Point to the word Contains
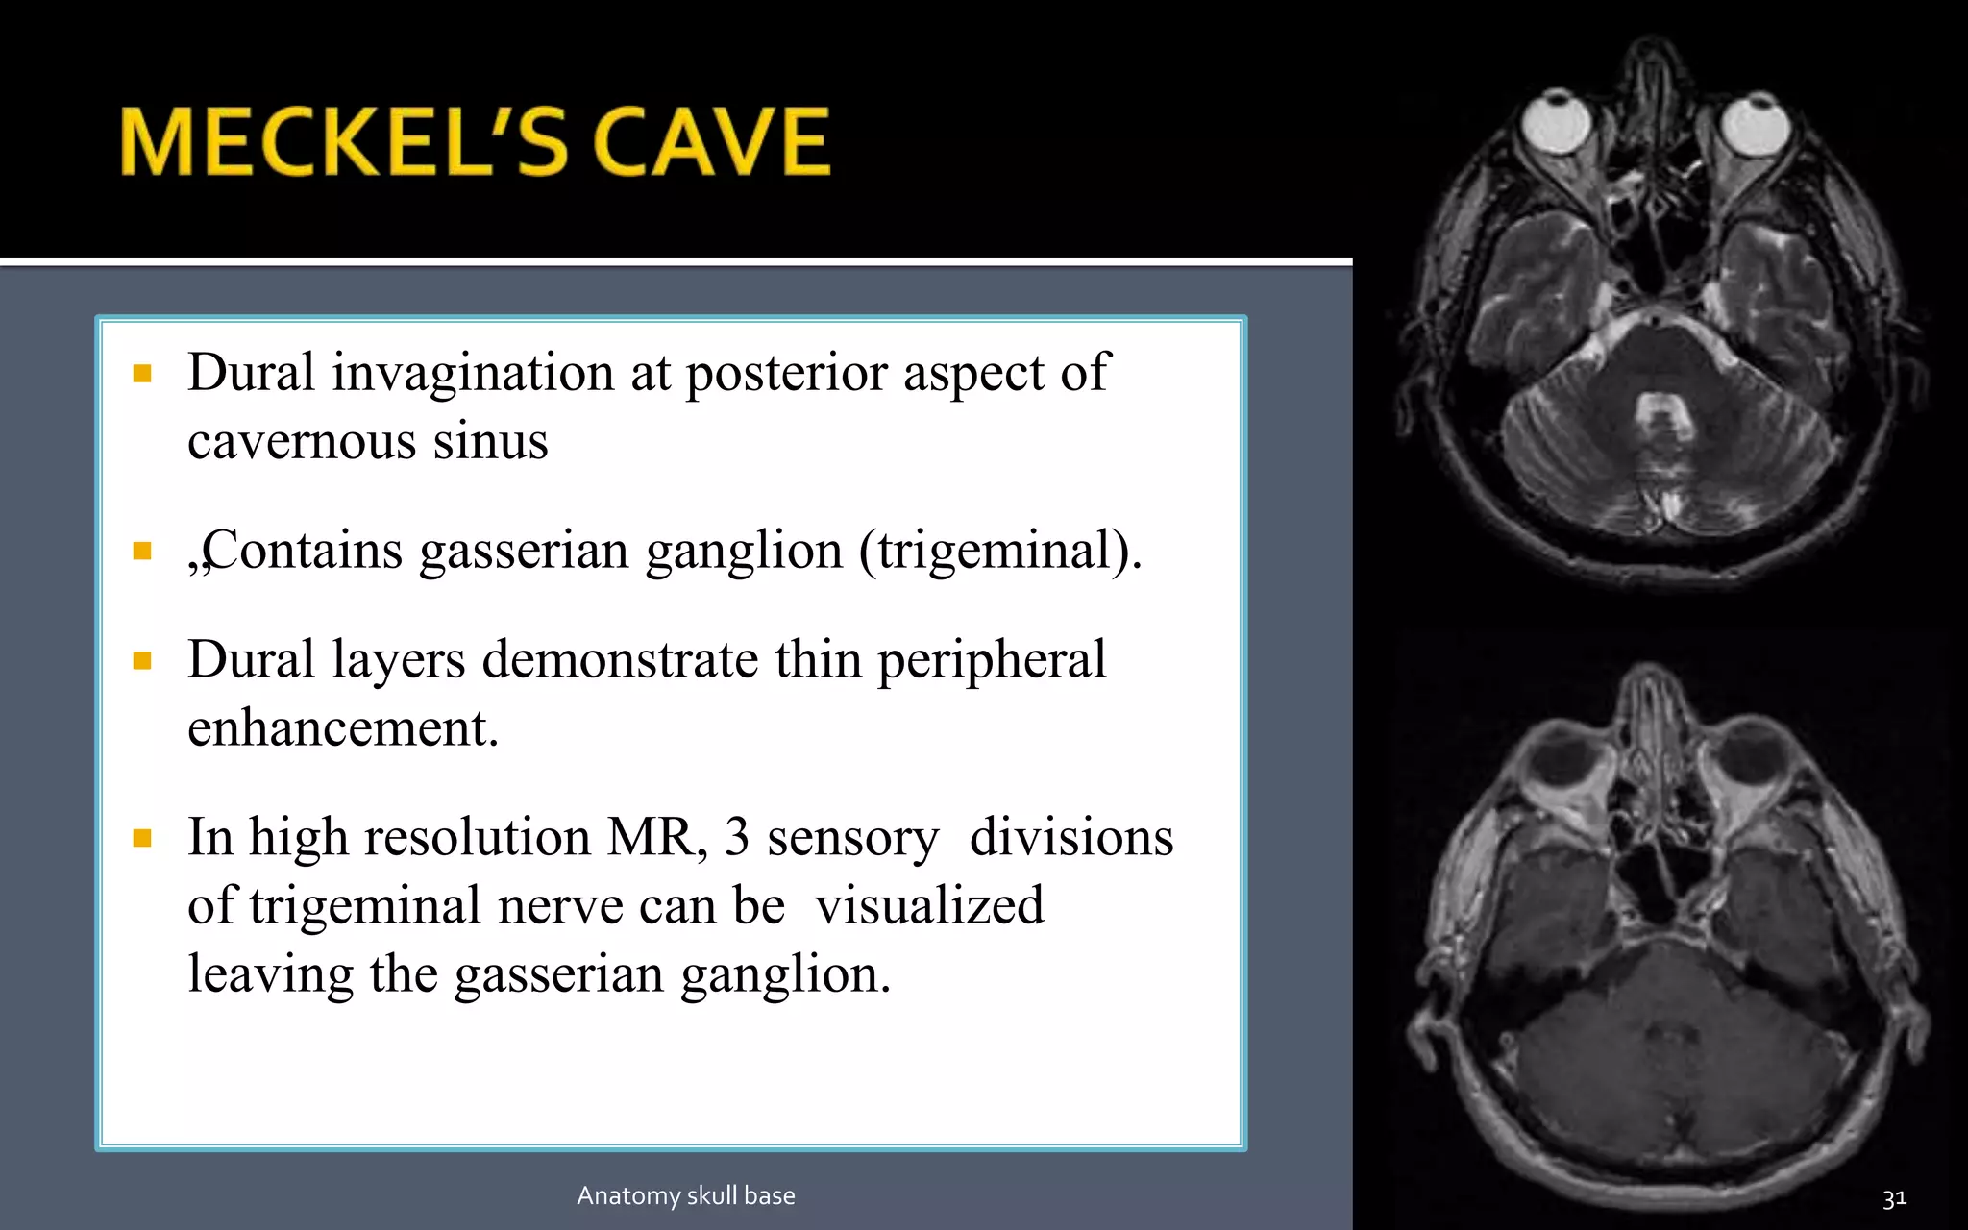tap(302, 551)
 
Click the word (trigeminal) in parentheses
tap(999, 551)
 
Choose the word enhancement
tap(342, 727)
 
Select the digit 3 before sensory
tap(736, 837)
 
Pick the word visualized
tap(929, 905)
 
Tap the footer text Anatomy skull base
tap(686, 1195)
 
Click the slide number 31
tap(1894, 1198)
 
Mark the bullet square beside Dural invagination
tap(143, 373)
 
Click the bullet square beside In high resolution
tap(143, 838)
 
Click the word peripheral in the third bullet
tap(992, 660)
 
